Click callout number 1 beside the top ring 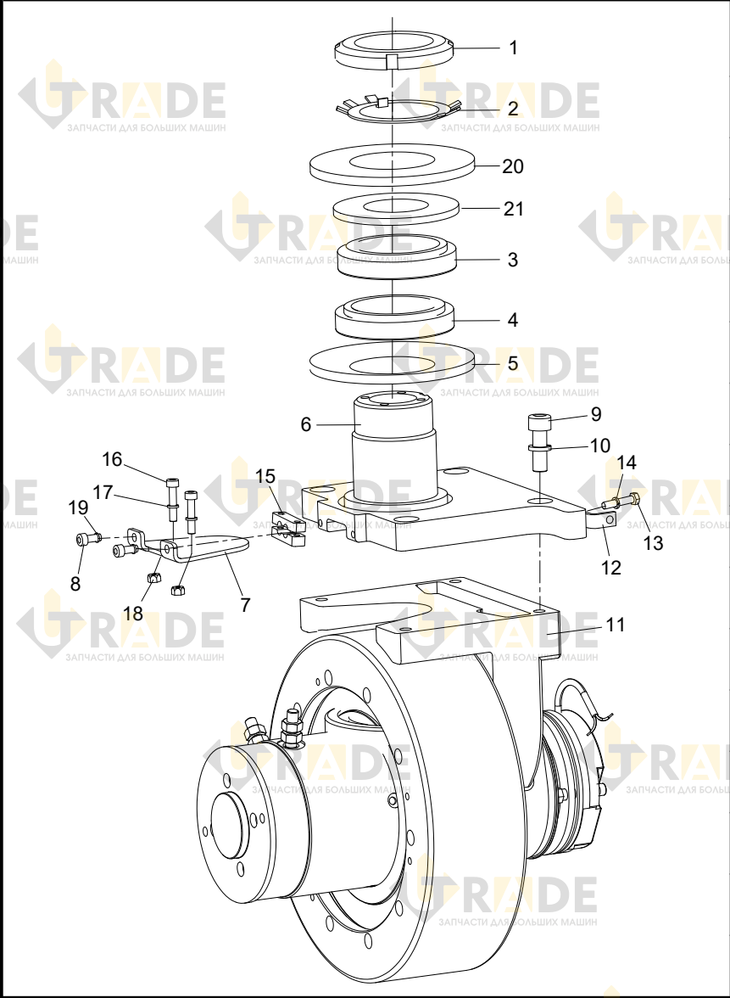pos(513,48)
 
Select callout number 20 pos(512,166)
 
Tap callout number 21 pos(513,209)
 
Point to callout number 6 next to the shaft pos(306,424)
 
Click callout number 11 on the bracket pos(616,625)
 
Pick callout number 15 pos(265,476)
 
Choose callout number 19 pos(78,507)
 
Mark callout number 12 pos(611,567)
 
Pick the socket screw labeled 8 pos(86,539)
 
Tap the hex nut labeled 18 pos(153,578)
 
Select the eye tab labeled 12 pos(605,521)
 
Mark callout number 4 pos(512,319)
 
